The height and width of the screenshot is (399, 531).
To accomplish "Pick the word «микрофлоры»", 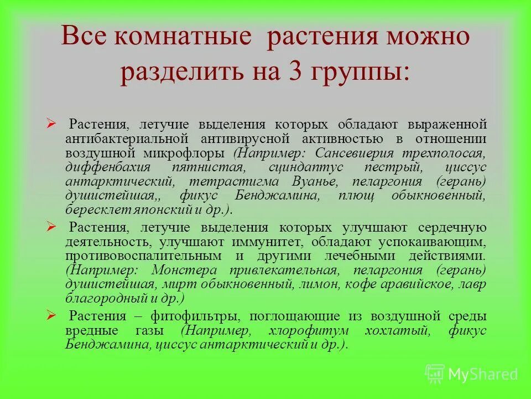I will coord(194,152).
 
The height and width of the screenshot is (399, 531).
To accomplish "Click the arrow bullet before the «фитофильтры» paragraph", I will coord(51,315).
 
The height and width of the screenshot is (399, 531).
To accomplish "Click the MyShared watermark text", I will coord(482,374).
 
